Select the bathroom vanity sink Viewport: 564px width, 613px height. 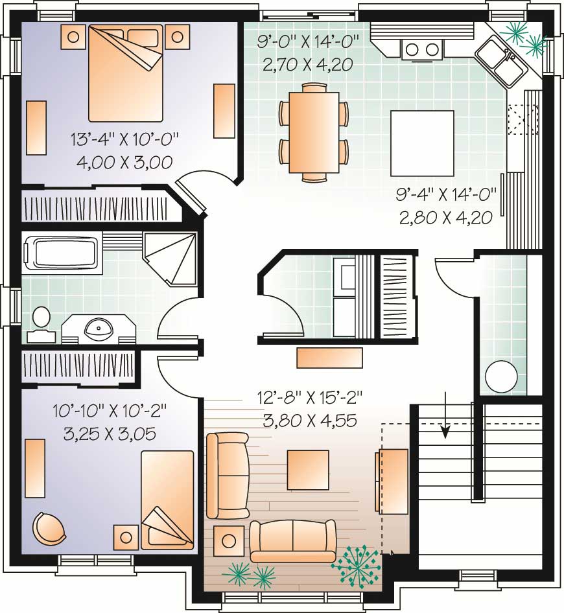99,329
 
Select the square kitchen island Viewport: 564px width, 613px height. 421,143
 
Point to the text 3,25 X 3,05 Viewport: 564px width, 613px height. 110,434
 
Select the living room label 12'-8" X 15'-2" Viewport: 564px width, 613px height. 310,397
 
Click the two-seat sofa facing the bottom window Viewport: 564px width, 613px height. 293,540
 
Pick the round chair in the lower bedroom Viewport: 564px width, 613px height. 49,528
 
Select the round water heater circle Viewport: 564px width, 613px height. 501,376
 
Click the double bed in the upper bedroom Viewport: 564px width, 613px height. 124,73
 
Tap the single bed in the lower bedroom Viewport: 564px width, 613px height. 167,500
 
